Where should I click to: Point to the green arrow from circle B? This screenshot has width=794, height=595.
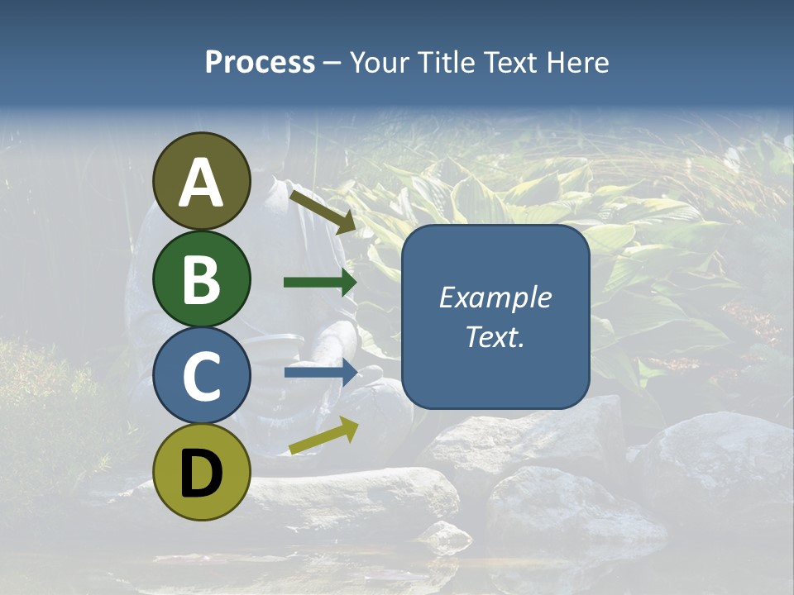click(x=320, y=283)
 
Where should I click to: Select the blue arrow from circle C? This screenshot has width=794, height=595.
click(x=321, y=372)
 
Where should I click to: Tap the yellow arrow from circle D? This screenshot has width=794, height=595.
click(x=323, y=436)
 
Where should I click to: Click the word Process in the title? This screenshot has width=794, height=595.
click(x=260, y=63)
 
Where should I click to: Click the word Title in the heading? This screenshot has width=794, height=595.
click(x=445, y=63)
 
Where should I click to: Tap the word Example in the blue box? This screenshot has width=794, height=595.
click(x=495, y=297)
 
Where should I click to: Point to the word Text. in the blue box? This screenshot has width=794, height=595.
click(x=495, y=336)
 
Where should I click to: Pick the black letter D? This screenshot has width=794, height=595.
click(x=201, y=474)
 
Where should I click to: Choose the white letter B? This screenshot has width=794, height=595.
click(x=201, y=279)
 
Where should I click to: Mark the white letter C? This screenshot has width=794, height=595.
click(x=201, y=376)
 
